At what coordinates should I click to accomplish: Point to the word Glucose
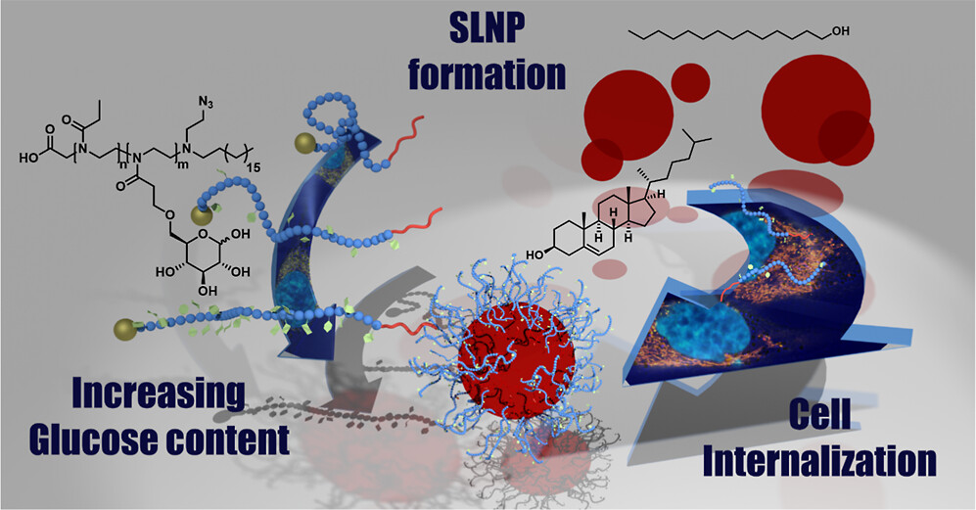[x=104, y=438]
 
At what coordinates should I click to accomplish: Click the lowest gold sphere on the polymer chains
[x=123, y=326]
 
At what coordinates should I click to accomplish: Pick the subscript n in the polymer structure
[x=119, y=164]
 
